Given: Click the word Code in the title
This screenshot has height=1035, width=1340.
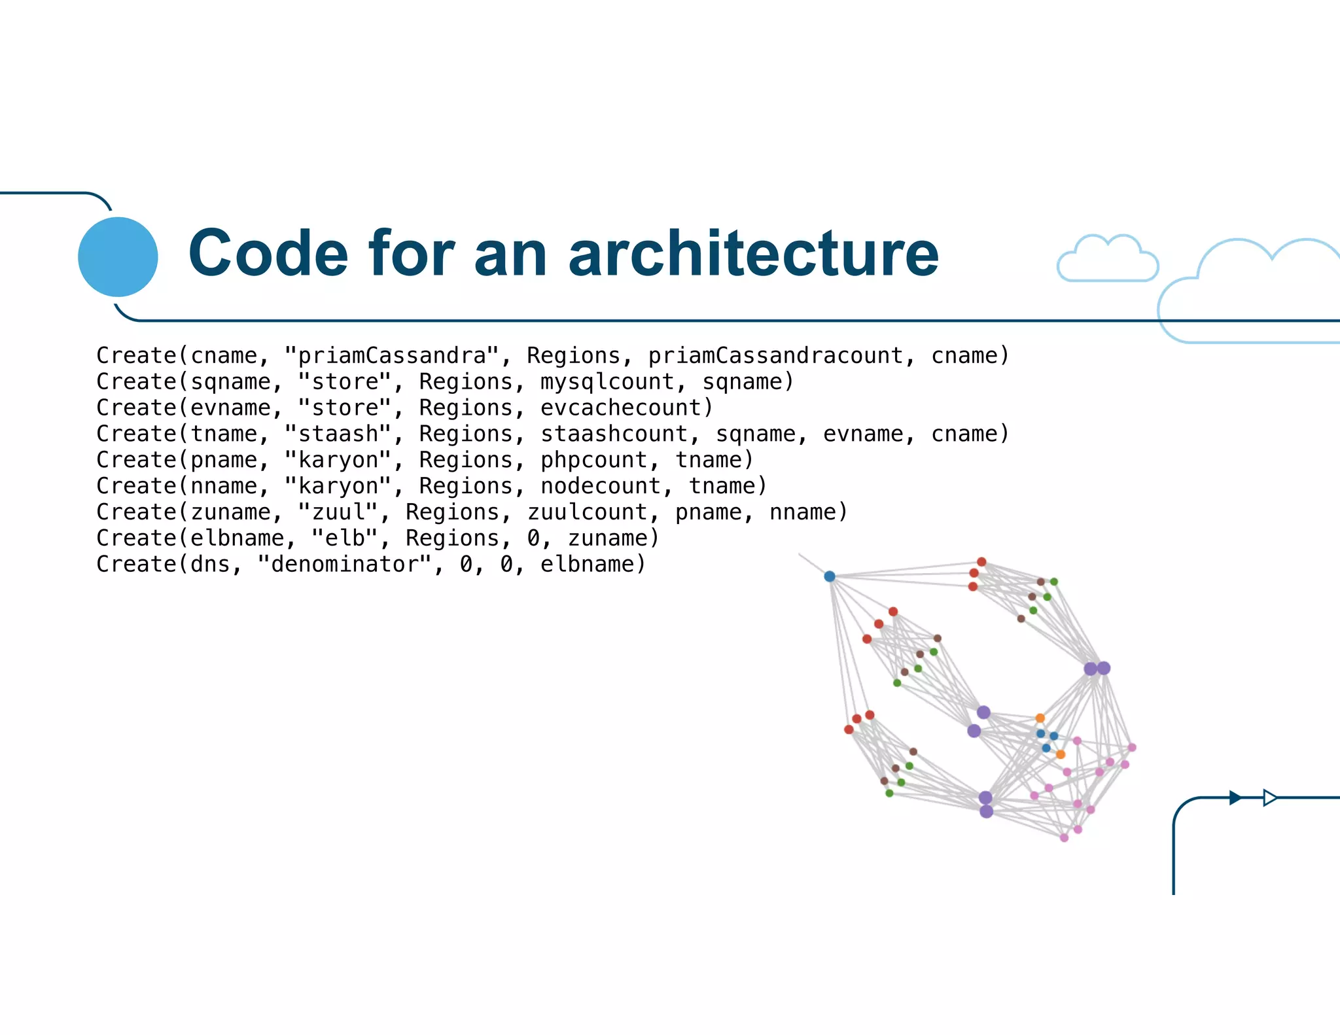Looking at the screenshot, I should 268,254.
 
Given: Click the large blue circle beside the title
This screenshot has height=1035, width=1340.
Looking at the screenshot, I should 118,256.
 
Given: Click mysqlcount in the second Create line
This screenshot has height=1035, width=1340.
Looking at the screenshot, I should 607,382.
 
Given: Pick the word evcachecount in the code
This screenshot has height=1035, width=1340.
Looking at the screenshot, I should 626,408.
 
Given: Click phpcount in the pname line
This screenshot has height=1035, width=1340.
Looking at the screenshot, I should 593,461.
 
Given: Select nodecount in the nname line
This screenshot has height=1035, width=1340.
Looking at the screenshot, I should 600,486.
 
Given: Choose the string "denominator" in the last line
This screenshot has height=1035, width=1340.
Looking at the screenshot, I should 345,565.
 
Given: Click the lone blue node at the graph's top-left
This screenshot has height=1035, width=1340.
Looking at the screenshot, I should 830,576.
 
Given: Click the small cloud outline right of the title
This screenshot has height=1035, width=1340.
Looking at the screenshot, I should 1107,260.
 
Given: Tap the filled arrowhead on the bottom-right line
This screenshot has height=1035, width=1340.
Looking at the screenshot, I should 1235,798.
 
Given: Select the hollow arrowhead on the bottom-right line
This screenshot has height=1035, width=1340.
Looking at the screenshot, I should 1269,798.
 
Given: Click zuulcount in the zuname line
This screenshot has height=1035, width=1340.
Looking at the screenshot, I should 587,512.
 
